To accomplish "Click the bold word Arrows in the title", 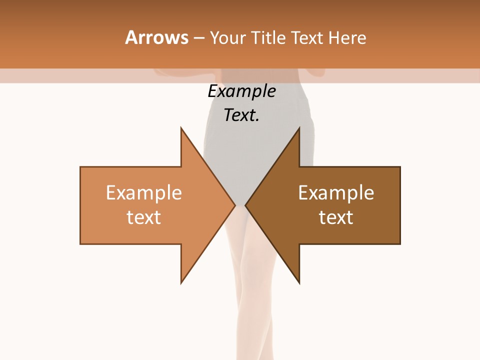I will (156, 37).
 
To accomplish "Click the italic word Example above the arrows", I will (241, 91).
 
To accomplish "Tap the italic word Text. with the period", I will (241, 115).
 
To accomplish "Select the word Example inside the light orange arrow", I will (144, 193).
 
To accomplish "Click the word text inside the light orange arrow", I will (144, 217).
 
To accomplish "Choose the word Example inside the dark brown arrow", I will (336, 193).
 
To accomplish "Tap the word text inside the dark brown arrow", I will (336, 217).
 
